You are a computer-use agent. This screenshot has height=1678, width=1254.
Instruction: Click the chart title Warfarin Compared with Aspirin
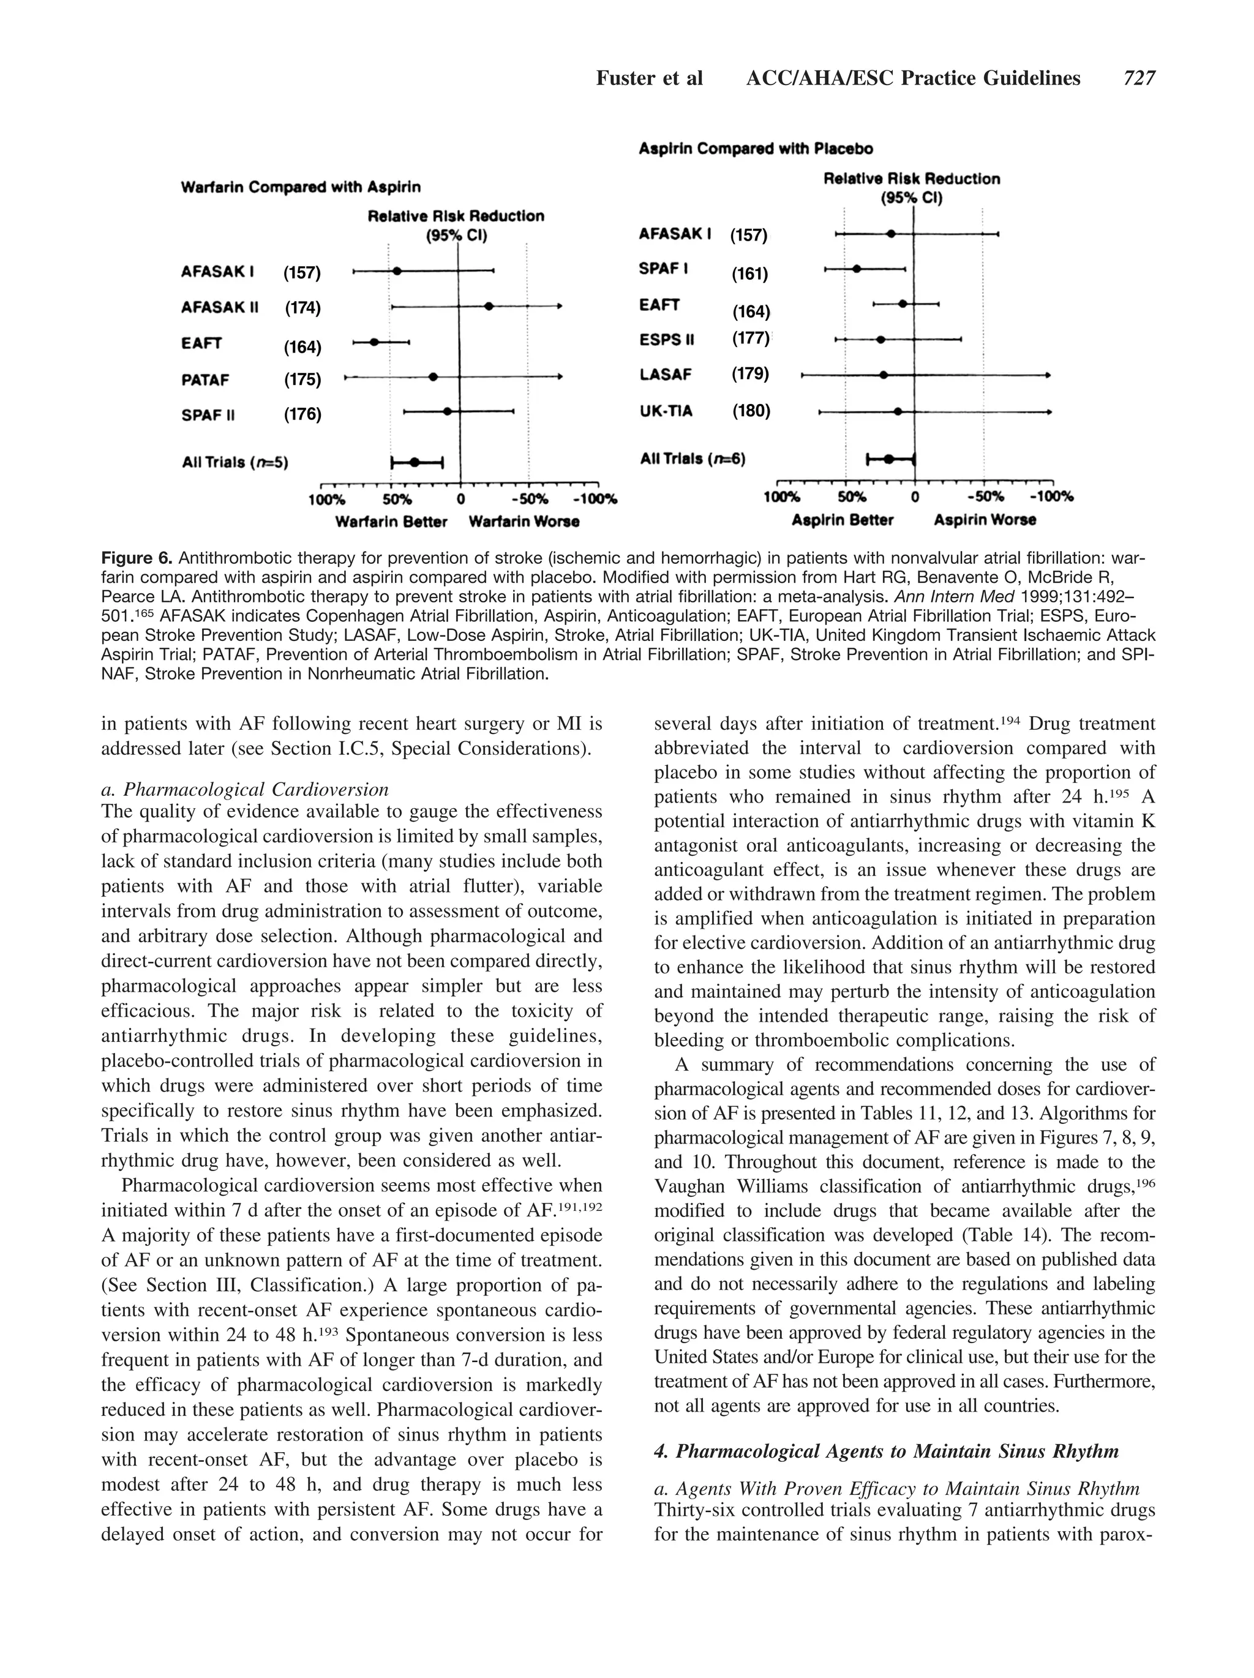[301, 187]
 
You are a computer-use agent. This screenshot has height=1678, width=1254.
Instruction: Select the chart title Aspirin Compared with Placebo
[756, 149]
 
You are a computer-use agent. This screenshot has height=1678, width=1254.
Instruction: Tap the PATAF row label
[205, 380]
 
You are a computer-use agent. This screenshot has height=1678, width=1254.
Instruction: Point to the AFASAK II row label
[219, 307]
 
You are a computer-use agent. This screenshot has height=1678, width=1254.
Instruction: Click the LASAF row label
[666, 374]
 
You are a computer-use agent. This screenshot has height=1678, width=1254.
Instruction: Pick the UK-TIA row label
[666, 410]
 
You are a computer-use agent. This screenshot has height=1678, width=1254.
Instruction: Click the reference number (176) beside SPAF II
[302, 414]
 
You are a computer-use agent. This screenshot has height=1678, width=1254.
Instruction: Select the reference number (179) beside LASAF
[750, 373]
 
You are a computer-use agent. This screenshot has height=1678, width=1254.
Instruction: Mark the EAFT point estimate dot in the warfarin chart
[374, 342]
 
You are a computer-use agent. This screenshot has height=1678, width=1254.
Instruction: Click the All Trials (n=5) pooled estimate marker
[414, 462]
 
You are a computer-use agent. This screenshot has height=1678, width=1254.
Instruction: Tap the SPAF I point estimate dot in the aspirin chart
[857, 269]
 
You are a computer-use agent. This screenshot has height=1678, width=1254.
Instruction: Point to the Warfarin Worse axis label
[524, 522]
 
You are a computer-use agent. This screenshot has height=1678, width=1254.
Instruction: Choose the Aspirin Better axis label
[842, 520]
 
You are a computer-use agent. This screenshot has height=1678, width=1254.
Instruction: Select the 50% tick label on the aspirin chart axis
[852, 497]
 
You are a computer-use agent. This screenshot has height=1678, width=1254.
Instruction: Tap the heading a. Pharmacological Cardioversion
[244, 790]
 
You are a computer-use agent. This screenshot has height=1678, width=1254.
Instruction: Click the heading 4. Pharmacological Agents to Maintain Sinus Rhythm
[886, 1451]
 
